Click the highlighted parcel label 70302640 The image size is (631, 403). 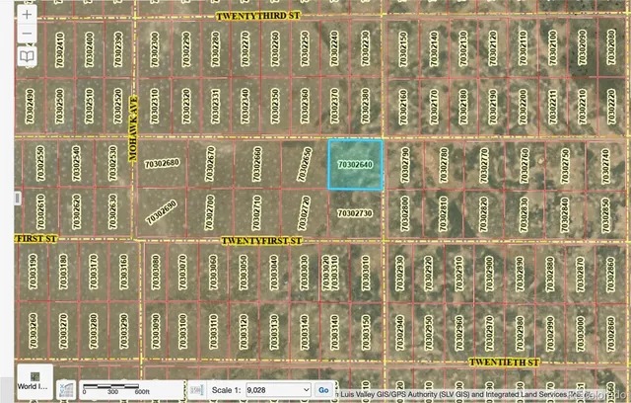pos(355,163)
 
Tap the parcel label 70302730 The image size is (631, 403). pos(355,213)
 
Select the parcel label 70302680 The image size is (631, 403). pos(162,163)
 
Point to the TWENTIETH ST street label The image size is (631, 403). pos(505,363)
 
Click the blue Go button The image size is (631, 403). pos(322,389)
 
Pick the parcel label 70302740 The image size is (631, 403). pos(604,163)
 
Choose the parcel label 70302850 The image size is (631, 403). pos(604,212)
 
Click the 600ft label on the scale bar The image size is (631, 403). pos(142,392)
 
